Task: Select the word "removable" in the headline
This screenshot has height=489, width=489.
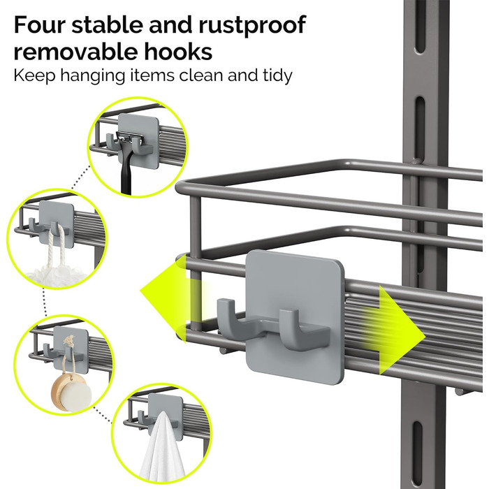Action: [75, 52]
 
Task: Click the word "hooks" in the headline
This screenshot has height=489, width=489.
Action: [177, 52]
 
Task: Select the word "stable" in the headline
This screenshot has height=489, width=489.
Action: [108, 24]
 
